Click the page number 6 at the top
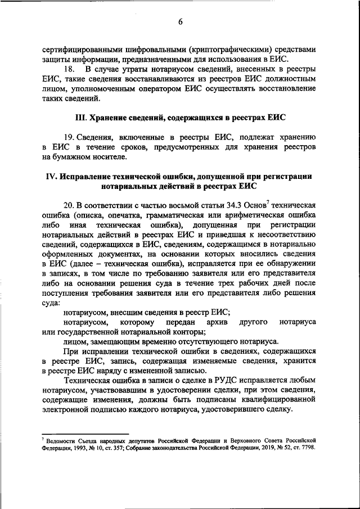coord(181,22)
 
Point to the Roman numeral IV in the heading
coord(51,176)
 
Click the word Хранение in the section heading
coord(113,117)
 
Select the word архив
coord(214,321)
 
